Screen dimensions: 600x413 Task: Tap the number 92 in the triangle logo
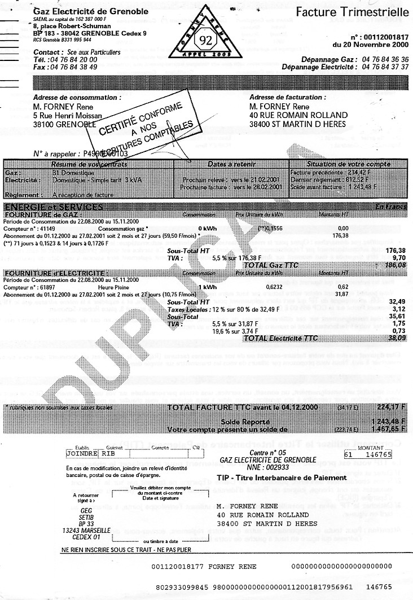click(203, 40)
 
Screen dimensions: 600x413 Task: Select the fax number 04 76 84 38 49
click(73, 67)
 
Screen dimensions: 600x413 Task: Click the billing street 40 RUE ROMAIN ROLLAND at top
click(298, 115)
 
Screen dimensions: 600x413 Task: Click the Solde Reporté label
click(245, 422)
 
